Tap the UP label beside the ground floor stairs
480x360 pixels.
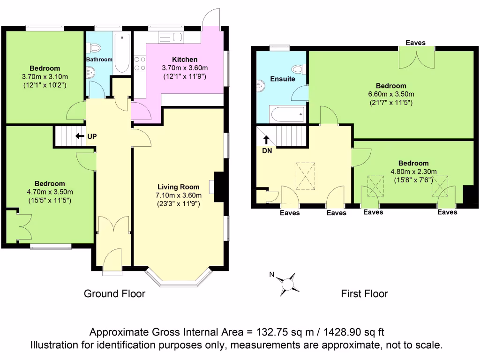pyautogui.click(x=92, y=137)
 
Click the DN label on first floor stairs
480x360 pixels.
pyautogui.click(x=266, y=150)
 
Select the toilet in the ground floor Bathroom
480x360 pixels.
pyautogui.click(x=95, y=47)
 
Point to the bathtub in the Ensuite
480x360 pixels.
pyautogui.click(x=287, y=114)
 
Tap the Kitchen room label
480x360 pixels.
pyautogui.click(x=185, y=60)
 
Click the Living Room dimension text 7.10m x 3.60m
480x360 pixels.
pyautogui.click(x=179, y=195)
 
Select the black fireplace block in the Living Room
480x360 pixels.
pyautogui.click(x=219, y=187)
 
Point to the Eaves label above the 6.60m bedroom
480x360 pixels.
pyautogui.click(x=415, y=43)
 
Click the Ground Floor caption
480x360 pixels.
pyautogui.click(x=114, y=294)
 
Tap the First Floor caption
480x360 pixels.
pyautogui.click(x=364, y=294)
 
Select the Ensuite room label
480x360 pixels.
pyautogui.click(x=283, y=79)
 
